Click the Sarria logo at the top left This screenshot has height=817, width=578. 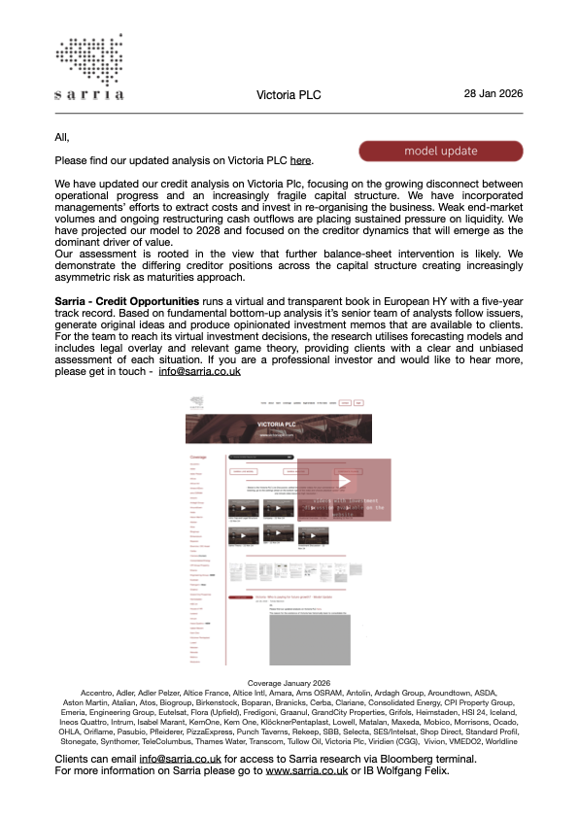pos(89,67)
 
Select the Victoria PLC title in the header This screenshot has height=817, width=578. pos(289,95)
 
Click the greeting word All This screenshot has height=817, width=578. pos(63,137)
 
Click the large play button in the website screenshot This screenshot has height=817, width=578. pos(344,482)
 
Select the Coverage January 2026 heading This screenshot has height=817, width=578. pos(289,683)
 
